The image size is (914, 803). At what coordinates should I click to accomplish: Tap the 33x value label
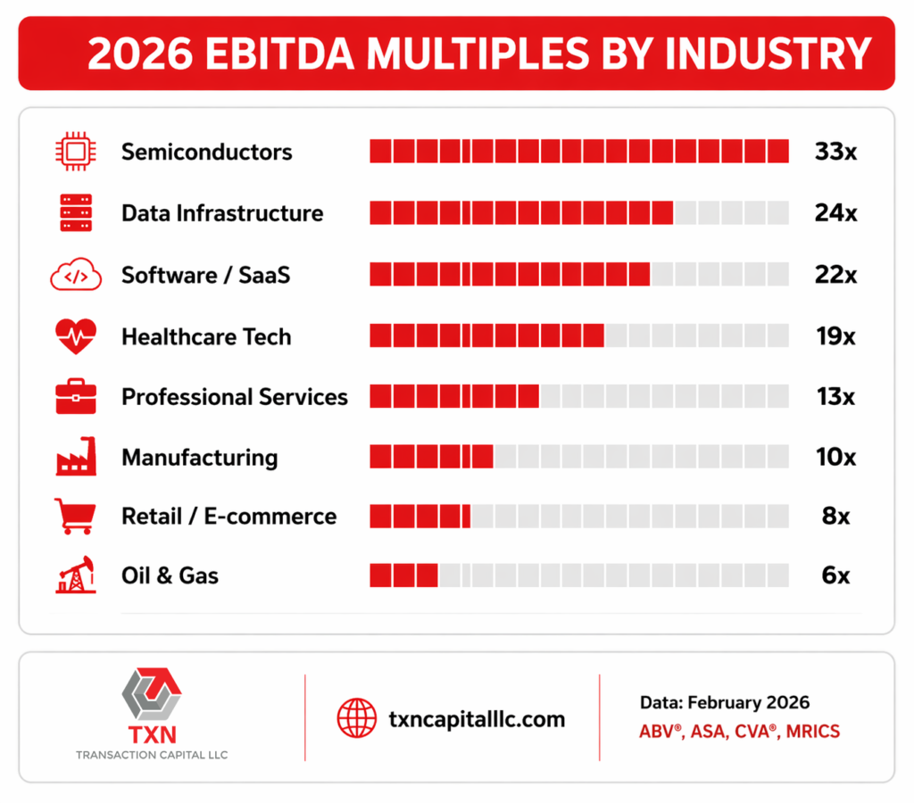point(835,152)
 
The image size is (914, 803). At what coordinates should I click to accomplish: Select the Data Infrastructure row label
point(222,213)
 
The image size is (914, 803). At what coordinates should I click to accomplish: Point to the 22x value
point(835,276)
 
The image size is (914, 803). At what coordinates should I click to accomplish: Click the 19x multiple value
point(835,337)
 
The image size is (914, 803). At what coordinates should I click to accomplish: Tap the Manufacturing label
point(200,458)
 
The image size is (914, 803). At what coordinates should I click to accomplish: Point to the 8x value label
point(836,517)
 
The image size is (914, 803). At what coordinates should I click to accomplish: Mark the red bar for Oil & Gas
point(403,575)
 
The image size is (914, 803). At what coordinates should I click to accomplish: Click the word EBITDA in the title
point(291,54)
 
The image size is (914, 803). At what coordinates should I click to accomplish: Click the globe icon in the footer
point(357,718)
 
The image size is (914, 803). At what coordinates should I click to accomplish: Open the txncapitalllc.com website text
point(477,718)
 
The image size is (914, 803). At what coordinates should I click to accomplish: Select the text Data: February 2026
point(725,702)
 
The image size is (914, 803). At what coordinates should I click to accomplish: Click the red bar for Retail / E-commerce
point(420,517)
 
